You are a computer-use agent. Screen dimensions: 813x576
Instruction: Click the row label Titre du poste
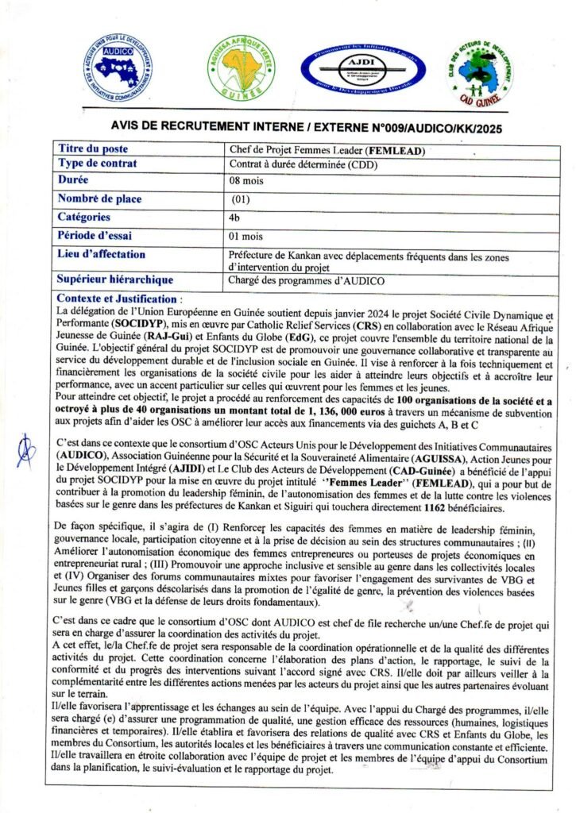(94, 148)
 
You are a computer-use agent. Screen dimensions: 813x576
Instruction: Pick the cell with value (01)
(241, 198)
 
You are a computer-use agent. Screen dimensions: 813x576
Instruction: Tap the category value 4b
(234, 217)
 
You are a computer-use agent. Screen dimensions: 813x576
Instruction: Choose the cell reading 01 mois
(246, 236)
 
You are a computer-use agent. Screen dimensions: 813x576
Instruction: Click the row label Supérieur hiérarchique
(115, 279)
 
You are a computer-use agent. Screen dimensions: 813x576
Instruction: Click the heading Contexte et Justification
(117, 298)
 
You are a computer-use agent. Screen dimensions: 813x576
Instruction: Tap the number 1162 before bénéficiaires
(436, 507)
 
